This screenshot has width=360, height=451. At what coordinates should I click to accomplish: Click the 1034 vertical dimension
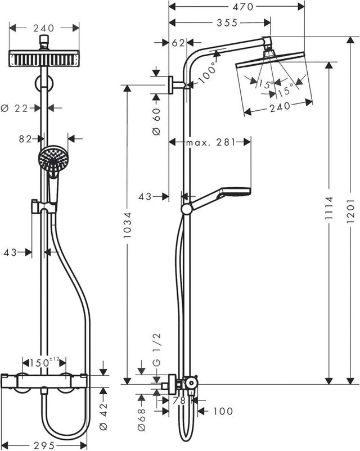[x=128, y=225]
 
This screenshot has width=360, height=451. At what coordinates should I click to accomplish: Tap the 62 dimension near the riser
[x=179, y=42]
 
